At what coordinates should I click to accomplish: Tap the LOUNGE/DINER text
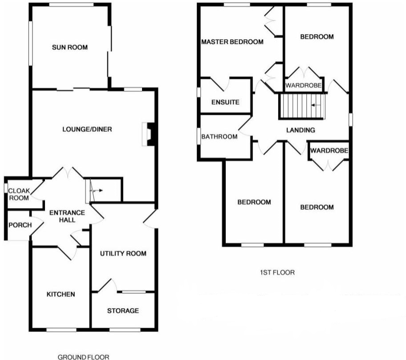click(x=87, y=130)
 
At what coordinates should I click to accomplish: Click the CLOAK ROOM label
click(x=19, y=194)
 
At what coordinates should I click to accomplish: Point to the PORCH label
click(x=20, y=225)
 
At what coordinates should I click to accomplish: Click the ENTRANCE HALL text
click(x=62, y=216)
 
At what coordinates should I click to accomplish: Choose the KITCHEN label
click(x=61, y=295)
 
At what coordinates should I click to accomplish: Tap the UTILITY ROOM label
click(x=123, y=254)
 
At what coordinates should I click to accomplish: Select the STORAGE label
click(x=123, y=311)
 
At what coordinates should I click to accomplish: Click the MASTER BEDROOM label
click(x=232, y=42)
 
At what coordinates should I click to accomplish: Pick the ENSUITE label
click(x=225, y=102)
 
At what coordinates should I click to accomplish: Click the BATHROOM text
click(x=219, y=136)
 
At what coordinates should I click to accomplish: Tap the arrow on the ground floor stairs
click(x=97, y=190)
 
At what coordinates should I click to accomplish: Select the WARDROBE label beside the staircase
click(x=303, y=86)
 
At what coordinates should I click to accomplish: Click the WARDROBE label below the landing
click(x=329, y=151)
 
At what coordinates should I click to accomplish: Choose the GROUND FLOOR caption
click(x=83, y=356)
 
